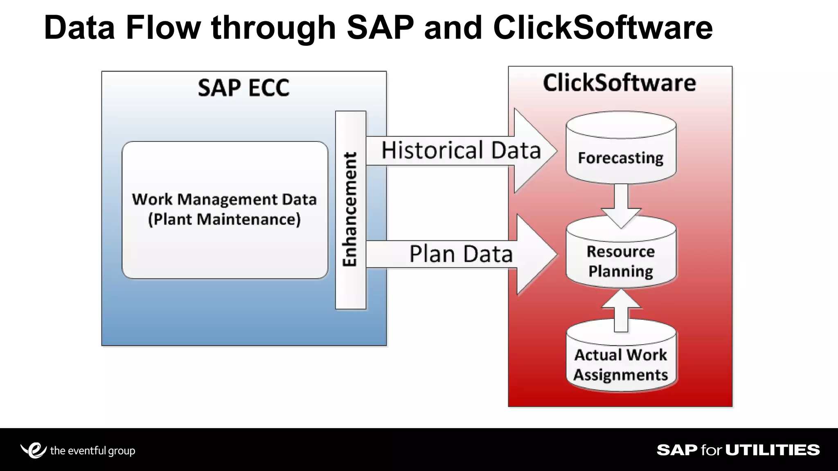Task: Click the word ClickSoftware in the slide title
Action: pyautogui.click(x=603, y=28)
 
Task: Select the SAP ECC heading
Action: pyautogui.click(x=244, y=88)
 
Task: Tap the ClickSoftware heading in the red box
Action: pyautogui.click(x=619, y=83)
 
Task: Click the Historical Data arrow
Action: pyautogui.click(x=461, y=150)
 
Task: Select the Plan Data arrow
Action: pyautogui.click(x=461, y=254)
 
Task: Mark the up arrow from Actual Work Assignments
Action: pyautogui.click(x=621, y=311)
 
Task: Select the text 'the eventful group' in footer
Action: pyautogui.click(x=92, y=451)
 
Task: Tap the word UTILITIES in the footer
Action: pyautogui.click(x=773, y=450)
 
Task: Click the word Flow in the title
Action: pyautogui.click(x=163, y=28)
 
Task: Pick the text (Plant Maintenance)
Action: pyautogui.click(x=224, y=220)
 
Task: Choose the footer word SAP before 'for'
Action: pyautogui.click(x=677, y=450)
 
